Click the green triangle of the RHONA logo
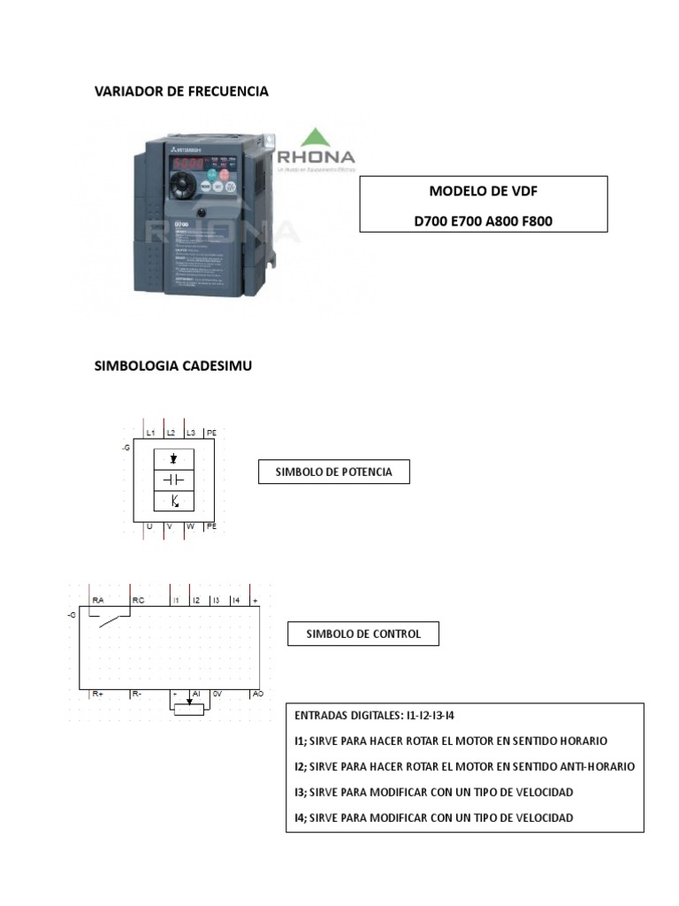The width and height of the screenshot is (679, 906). pyautogui.click(x=316, y=138)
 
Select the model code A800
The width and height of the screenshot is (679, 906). pyautogui.click(x=500, y=221)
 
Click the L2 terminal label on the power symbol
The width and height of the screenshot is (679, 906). pyautogui.click(x=171, y=433)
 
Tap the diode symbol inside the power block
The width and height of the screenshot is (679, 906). pyautogui.click(x=174, y=458)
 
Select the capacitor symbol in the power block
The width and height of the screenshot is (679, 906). pyautogui.click(x=174, y=480)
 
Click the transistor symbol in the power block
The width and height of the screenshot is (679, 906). pyautogui.click(x=174, y=502)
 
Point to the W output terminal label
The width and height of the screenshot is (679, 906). pyautogui.click(x=190, y=526)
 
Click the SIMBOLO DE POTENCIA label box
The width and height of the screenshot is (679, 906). pyautogui.click(x=333, y=472)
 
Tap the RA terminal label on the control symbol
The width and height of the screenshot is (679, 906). pyautogui.click(x=98, y=601)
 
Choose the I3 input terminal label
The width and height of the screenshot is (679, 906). pyautogui.click(x=216, y=601)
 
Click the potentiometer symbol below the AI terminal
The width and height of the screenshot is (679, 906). pyautogui.click(x=189, y=708)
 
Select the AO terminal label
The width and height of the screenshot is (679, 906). pyautogui.click(x=258, y=695)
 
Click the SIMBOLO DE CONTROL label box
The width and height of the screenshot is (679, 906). pyautogui.click(x=362, y=633)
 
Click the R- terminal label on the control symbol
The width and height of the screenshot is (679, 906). pyautogui.click(x=137, y=695)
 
